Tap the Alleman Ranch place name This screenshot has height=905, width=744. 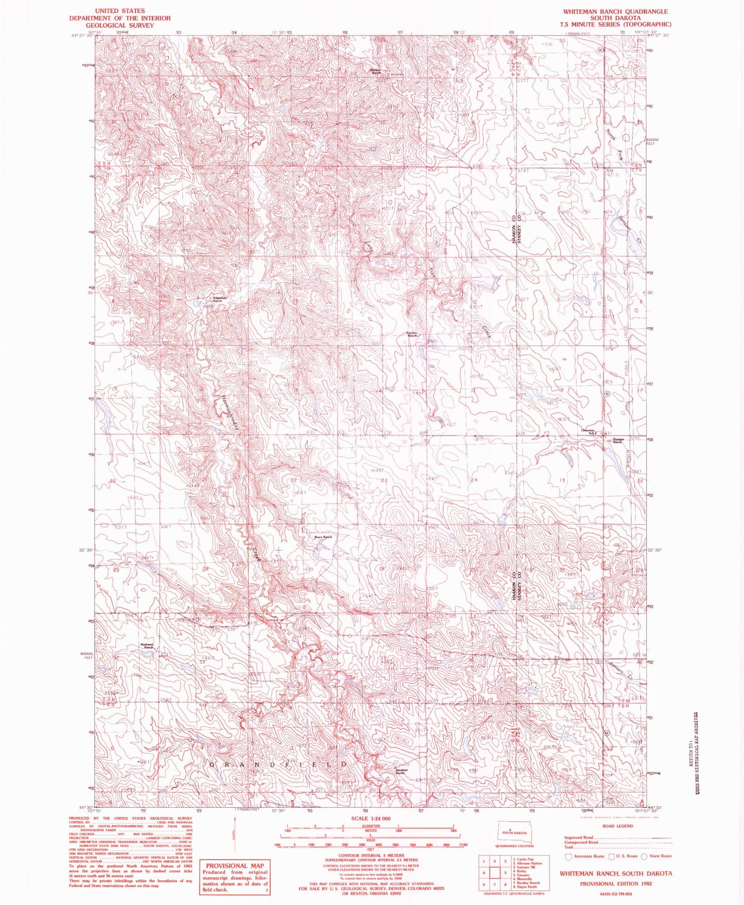377,72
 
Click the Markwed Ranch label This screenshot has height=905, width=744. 148,646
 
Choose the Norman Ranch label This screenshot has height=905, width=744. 618,441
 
